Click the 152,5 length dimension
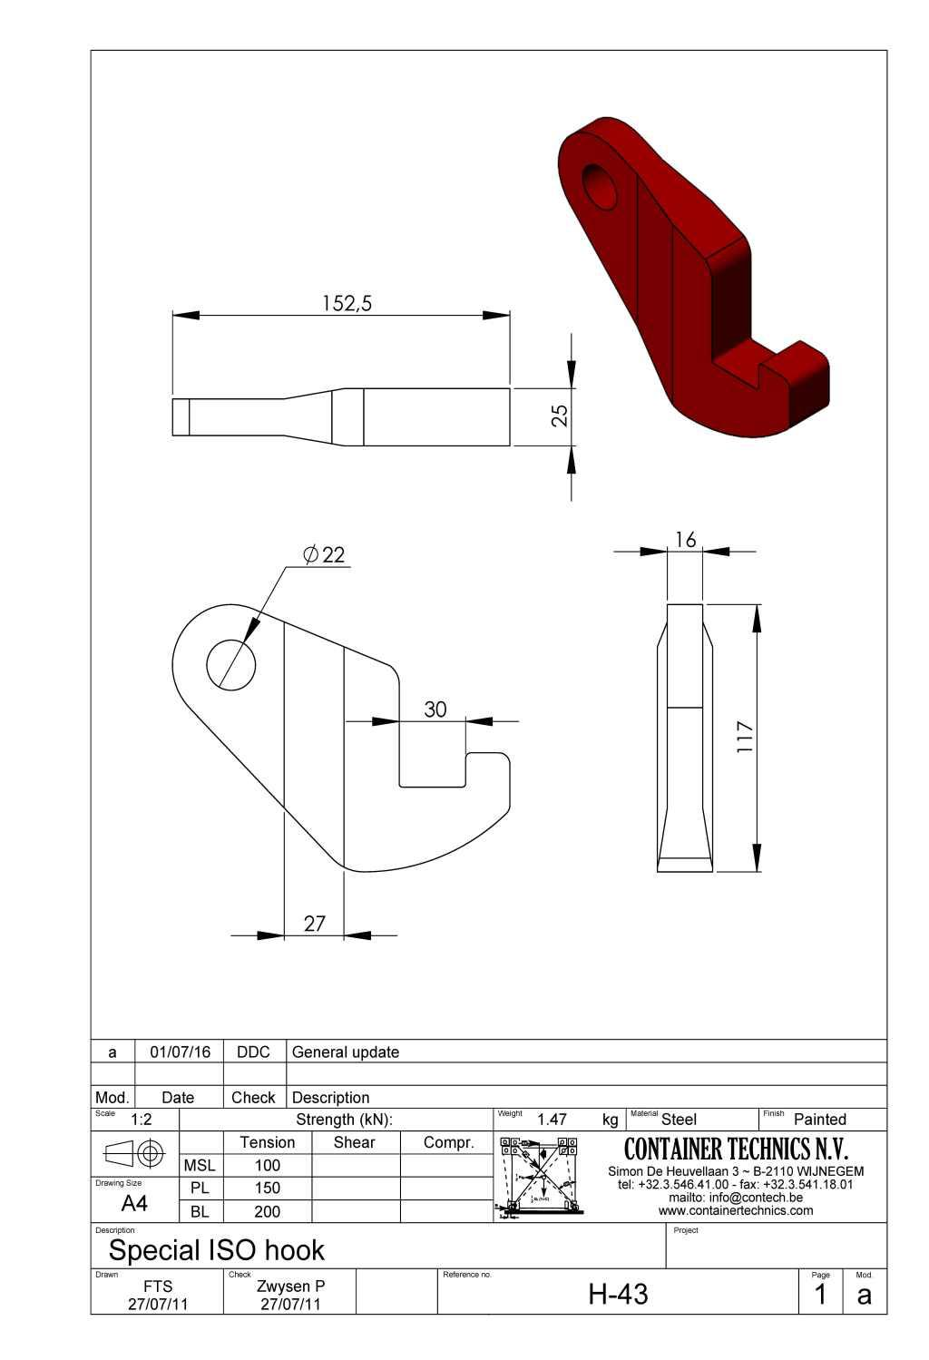pos(347,303)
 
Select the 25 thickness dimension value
pos(561,415)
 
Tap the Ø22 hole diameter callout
pos(325,554)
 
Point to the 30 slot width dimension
pos(435,709)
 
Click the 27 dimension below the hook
pos(314,924)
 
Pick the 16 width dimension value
pos(685,540)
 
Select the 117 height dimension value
pos(745,737)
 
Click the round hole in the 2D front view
pos(231,663)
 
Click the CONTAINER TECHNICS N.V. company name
pos(736,1150)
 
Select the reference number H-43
pos(618,1294)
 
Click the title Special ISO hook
pos(216,1250)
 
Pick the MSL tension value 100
pos(267,1165)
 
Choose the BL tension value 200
pos(267,1211)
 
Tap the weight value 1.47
pos(552,1120)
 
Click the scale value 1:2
pos(141,1120)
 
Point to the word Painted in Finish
pos(819,1120)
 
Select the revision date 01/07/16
pos(180,1052)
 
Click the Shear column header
pos(354,1142)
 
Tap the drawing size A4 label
pos(134,1204)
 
